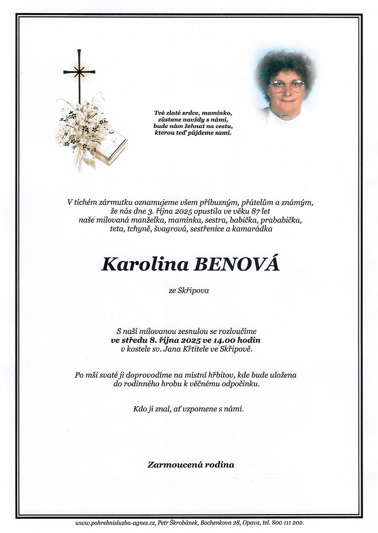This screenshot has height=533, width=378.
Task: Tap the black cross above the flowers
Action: [x=79, y=73]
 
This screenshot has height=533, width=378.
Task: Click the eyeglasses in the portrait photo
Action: [x=288, y=86]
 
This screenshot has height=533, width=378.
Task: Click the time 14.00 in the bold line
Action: [x=225, y=340]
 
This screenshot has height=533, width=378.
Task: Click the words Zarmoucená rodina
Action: [x=190, y=465]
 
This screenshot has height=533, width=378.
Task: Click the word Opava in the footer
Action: [x=246, y=523]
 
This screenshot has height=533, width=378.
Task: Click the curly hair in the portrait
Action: [x=286, y=63]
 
